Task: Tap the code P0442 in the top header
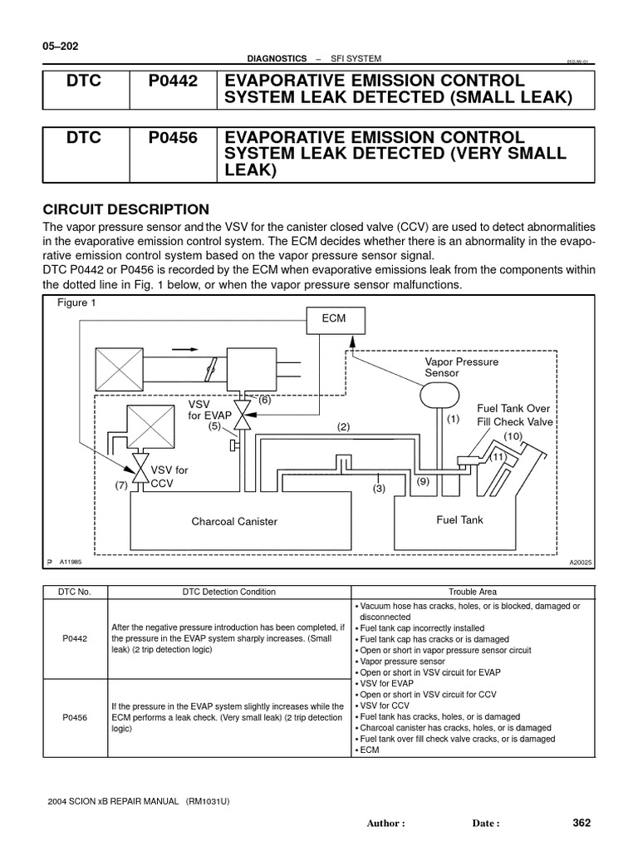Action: [x=173, y=81]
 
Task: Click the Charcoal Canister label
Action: [x=234, y=522]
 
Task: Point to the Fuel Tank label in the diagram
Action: [x=459, y=519]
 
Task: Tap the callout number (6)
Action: [x=264, y=399]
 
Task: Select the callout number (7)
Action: [x=122, y=486]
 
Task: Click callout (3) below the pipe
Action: [x=380, y=489]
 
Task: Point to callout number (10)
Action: [x=513, y=436]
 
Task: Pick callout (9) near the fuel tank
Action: [x=422, y=481]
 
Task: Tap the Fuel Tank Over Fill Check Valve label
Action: [x=514, y=415]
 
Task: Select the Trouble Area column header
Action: [x=473, y=592]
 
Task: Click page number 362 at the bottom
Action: [x=582, y=823]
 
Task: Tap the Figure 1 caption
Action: [x=76, y=303]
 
